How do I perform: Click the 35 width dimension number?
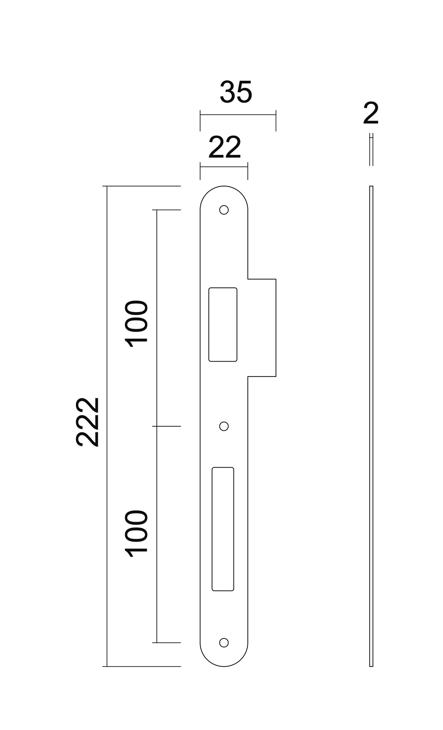click(236, 92)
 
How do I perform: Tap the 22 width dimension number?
click(225, 148)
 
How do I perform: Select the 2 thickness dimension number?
click(371, 114)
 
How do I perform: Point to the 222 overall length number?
click(87, 422)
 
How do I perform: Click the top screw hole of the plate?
click(224, 210)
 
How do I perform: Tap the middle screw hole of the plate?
click(224, 426)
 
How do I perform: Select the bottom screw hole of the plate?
click(224, 642)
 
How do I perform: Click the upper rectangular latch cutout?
click(223, 325)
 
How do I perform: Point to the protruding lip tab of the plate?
click(262, 327)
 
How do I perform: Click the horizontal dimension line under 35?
click(238, 115)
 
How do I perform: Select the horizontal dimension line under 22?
click(224, 167)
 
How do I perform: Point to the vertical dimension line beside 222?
click(107, 499)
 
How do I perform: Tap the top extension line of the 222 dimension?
click(143, 186)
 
